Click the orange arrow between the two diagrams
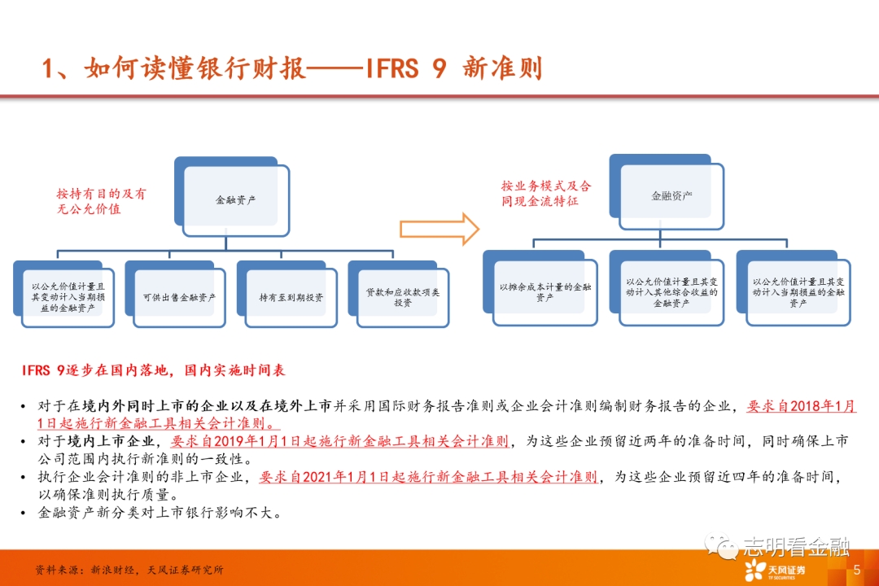[439, 229]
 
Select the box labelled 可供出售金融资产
[178, 297]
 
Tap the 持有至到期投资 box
[291, 297]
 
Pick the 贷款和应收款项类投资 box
[402, 297]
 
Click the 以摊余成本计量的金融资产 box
[544, 292]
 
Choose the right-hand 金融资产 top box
[671, 196]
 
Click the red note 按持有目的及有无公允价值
[101, 201]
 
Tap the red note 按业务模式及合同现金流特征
[545, 193]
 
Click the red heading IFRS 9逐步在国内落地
[154, 370]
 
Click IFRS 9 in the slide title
[396, 68]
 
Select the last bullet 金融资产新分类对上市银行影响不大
[160, 513]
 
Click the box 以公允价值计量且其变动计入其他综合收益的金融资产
[671, 292]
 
